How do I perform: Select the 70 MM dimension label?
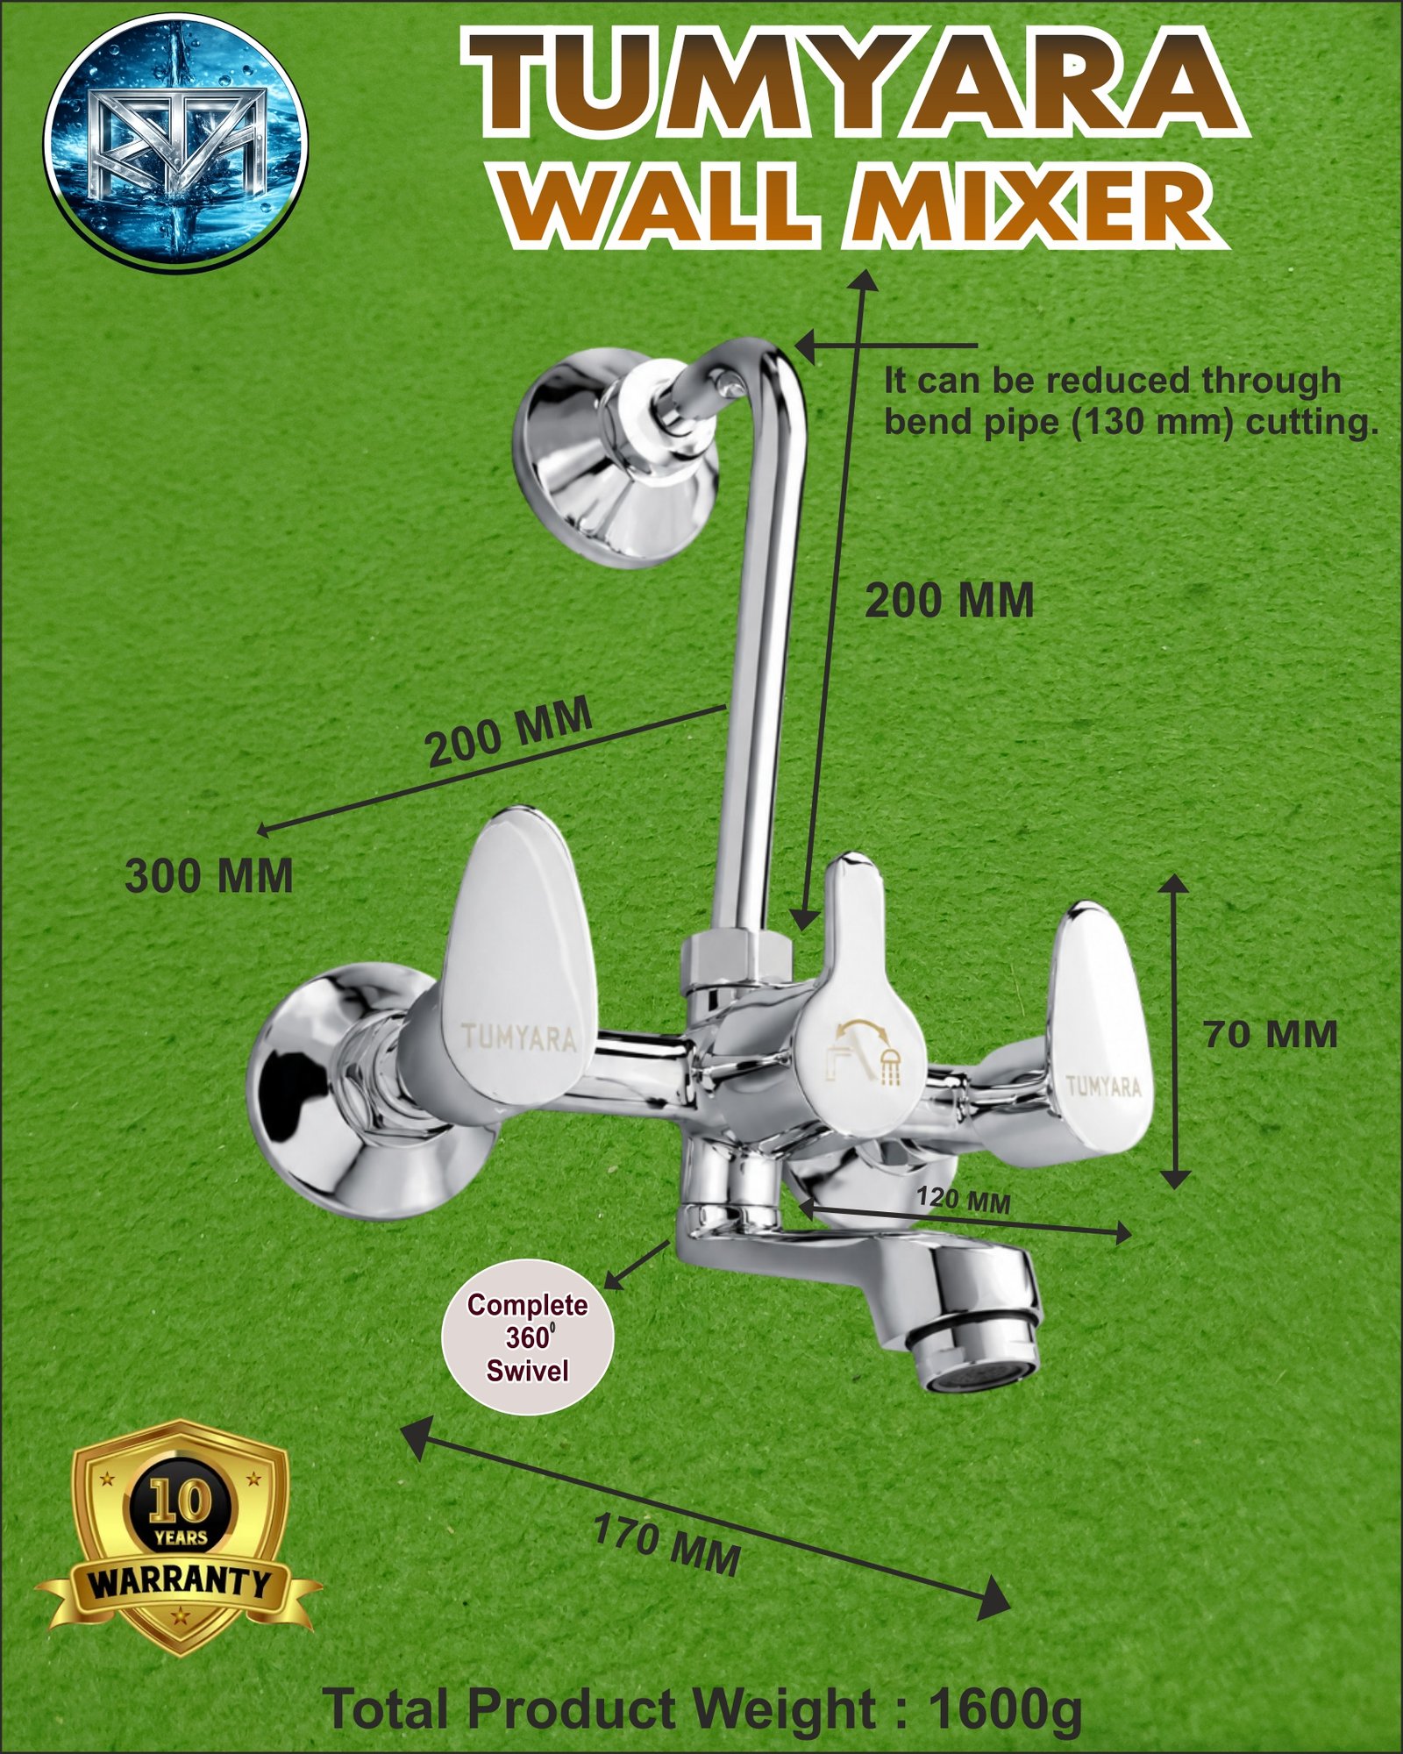(1271, 1035)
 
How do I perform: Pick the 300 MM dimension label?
(209, 876)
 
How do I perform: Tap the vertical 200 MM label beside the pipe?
(950, 602)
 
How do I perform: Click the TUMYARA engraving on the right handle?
(1103, 1087)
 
